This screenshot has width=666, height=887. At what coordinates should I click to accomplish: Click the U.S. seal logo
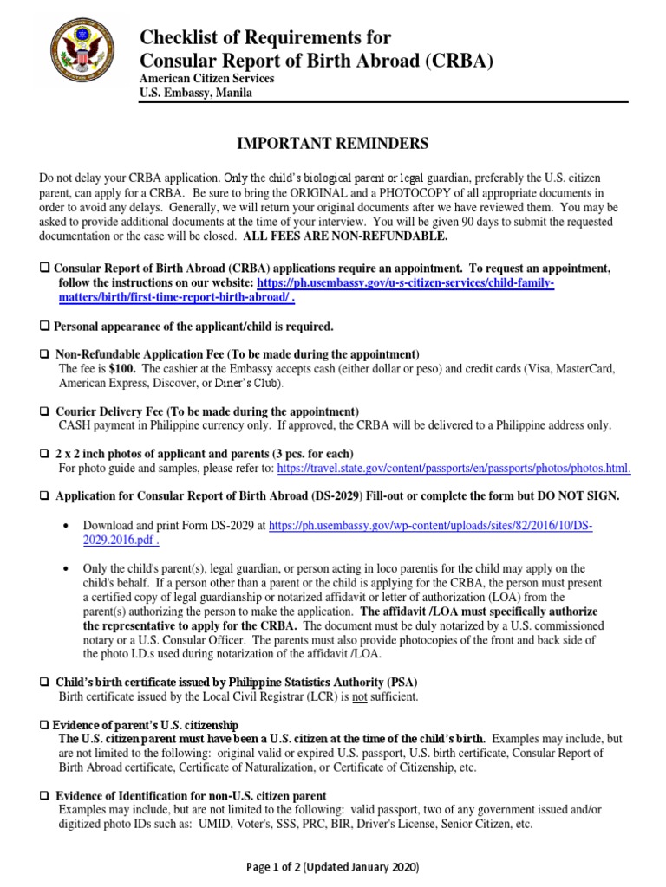(83, 61)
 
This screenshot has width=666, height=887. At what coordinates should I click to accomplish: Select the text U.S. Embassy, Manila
(196, 94)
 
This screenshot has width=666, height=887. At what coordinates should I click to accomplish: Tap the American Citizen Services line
(207, 79)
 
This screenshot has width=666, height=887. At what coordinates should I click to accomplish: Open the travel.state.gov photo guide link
(454, 469)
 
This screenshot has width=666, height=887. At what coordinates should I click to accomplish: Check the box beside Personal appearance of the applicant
(45, 327)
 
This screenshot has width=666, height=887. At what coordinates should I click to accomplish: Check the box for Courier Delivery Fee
(45, 411)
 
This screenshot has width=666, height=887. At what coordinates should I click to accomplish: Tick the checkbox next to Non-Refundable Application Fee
(45, 354)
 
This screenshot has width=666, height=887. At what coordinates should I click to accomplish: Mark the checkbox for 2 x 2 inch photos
(45, 454)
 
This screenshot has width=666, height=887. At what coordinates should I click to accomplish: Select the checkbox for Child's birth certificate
(45, 683)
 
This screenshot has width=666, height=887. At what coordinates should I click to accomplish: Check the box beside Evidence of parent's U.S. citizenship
(45, 724)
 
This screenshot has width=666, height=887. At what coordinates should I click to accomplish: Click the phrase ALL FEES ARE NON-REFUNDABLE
(346, 236)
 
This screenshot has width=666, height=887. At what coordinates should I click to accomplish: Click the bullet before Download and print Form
(67, 526)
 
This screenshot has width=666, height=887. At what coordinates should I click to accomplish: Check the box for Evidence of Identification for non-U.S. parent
(45, 795)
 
